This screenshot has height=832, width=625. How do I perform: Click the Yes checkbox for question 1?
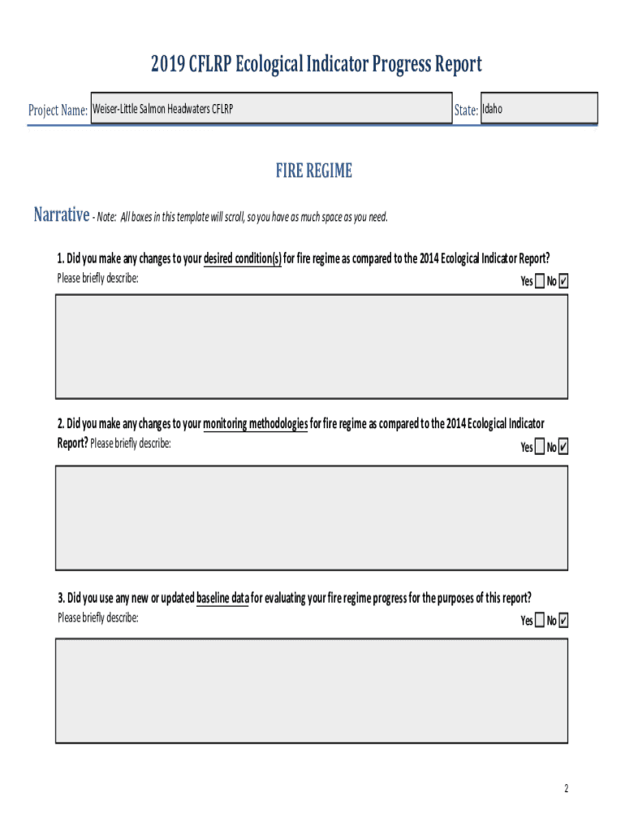click(x=541, y=281)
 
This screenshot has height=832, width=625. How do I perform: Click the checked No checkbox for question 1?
click(x=564, y=281)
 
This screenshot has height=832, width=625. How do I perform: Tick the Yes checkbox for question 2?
click(x=541, y=447)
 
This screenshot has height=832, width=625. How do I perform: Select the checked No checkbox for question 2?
click(x=564, y=447)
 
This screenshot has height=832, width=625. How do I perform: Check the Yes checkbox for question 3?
click(x=541, y=621)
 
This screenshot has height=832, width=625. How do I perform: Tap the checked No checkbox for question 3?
click(x=564, y=621)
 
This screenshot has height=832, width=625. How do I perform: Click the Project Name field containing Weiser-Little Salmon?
click(x=271, y=108)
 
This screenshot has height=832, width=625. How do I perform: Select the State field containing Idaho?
click(x=539, y=108)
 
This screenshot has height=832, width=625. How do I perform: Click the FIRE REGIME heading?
click(x=313, y=171)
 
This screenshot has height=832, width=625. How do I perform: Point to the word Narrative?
click(x=61, y=215)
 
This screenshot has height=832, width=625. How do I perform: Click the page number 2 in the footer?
click(x=567, y=789)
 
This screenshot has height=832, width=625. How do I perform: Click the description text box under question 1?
click(x=312, y=346)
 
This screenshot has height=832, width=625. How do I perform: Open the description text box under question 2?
click(x=312, y=518)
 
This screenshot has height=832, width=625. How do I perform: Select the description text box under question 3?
click(x=312, y=690)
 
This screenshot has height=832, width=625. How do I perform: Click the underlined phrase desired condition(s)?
click(x=242, y=259)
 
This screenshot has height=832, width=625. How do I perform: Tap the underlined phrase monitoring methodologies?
click(x=255, y=424)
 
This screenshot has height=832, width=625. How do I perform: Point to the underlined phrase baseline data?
click(x=222, y=598)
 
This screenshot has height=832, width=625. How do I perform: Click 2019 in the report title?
click(x=168, y=64)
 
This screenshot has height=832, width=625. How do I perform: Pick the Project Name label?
click(x=58, y=110)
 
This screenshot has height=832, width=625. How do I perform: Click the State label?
click(x=466, y=110)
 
